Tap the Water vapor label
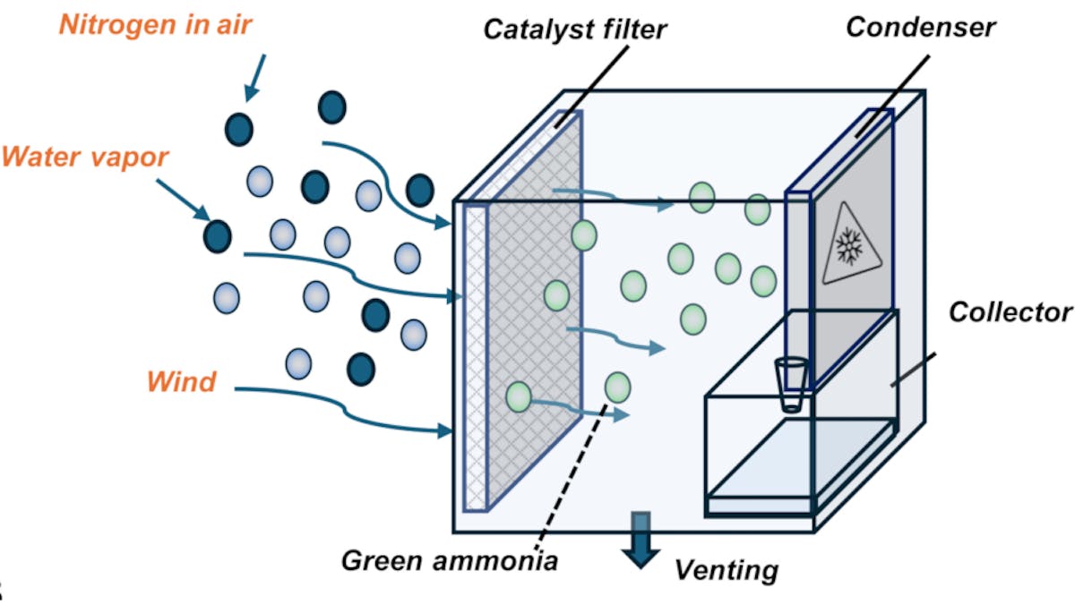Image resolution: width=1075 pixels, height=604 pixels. tap(85, 157)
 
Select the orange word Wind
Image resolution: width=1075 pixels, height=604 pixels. tap(181, 382)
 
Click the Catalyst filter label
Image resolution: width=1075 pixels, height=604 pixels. tap(575, 29)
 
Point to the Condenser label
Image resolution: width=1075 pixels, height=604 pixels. tap(920, 27)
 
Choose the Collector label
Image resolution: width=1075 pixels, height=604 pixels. tap(1010, 312)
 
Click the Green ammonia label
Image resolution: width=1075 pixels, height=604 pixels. tap(450, 561)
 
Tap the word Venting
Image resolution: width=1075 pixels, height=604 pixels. tap(727, 569)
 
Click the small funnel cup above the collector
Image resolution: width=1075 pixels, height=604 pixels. tap(790, 383)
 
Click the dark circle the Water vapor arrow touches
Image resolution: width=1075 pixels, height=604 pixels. tap(217, 236)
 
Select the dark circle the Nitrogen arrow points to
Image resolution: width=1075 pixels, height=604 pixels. tap(239, 128)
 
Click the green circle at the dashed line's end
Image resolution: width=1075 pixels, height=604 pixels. tap(617, 387)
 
